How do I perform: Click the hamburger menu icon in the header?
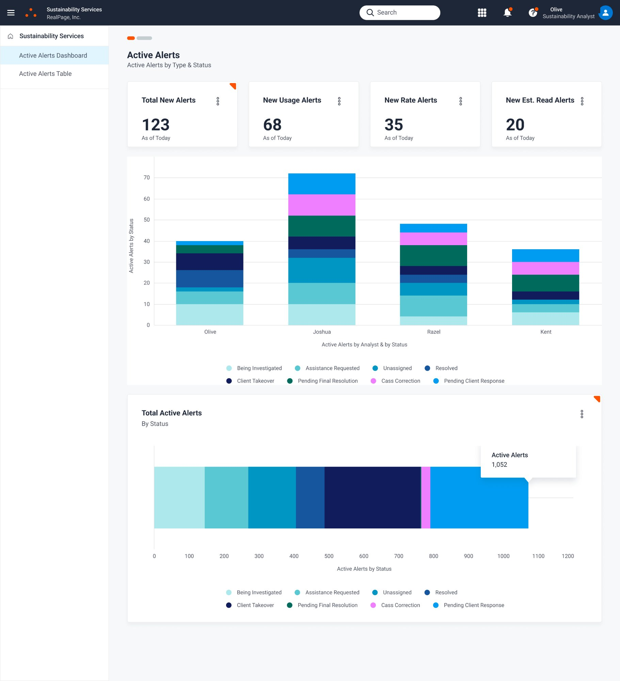[11, 13]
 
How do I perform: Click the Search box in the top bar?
[400, 13]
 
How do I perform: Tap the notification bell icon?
[507, 13]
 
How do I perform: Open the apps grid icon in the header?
[482, 13]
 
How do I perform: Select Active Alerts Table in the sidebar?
[45, 74]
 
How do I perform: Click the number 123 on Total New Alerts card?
[156, 125]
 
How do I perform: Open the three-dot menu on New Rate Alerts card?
[460, 101]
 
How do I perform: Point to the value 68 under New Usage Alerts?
[272, 125]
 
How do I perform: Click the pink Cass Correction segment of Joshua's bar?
[321, 205]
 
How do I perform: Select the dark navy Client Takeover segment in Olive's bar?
[209, 262]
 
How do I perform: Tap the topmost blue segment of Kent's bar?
[545, 255]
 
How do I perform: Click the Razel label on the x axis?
[433, 332]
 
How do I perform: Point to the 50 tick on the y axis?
[147, 220]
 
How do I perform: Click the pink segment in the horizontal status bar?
[426, 497]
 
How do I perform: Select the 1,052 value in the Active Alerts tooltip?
[499, 464]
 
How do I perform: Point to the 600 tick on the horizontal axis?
[364, 556]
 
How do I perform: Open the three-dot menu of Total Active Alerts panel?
[582, 414]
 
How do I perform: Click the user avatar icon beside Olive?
[605, 13]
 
